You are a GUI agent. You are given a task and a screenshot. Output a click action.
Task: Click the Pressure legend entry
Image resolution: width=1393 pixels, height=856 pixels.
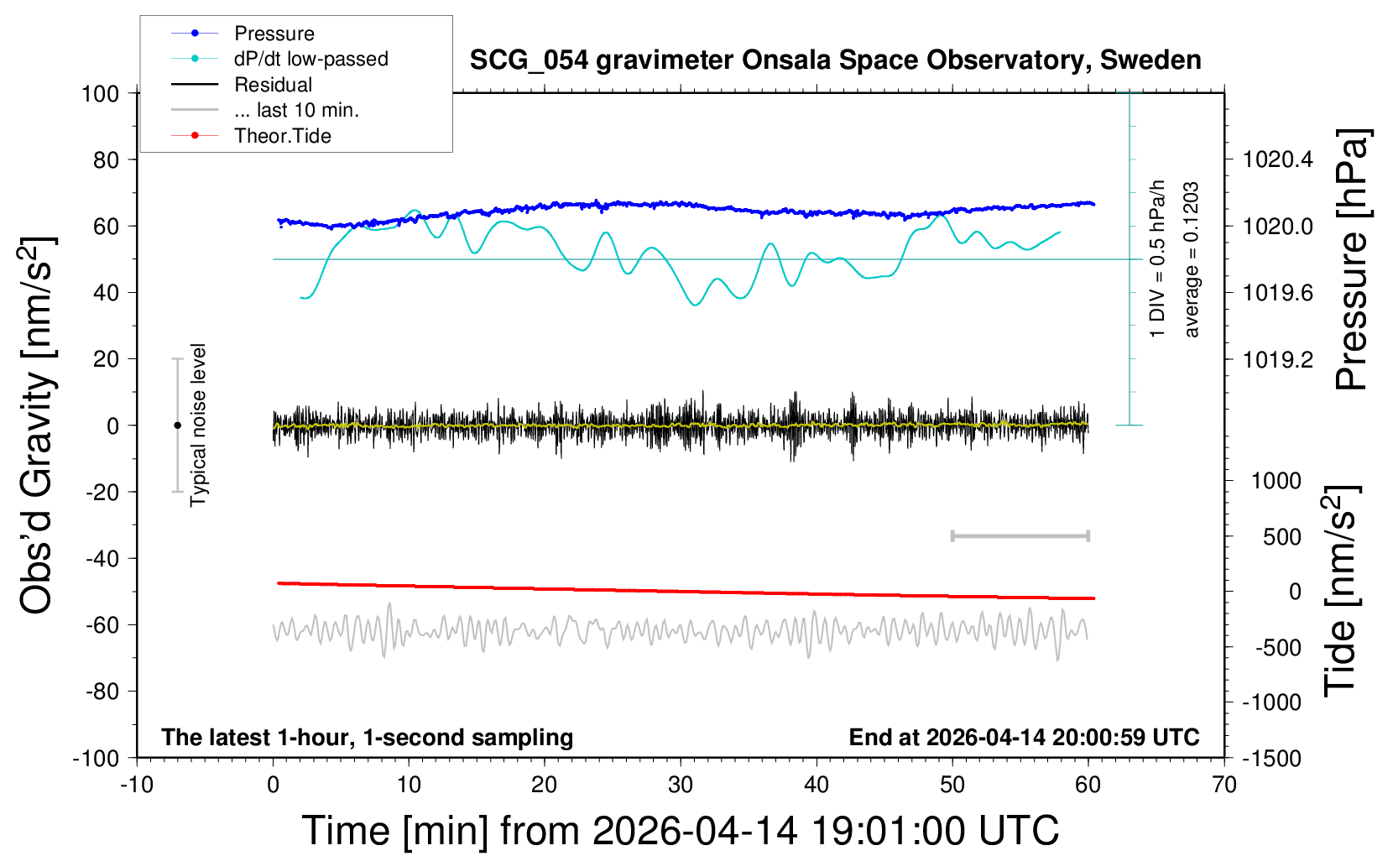[274, 34]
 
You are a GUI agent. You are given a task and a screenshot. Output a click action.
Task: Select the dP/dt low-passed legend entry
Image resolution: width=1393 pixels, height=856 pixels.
[310, 59]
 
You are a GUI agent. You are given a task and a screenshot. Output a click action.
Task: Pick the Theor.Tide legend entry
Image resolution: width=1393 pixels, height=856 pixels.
[282, 136]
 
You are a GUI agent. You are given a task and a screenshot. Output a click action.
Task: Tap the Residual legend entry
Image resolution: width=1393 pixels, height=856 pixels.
[273, 85]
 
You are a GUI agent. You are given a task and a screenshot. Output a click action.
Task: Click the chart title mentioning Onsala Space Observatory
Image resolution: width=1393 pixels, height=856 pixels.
[835, 60]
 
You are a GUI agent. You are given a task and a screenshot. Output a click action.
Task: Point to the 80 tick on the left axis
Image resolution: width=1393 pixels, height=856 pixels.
[106, 159]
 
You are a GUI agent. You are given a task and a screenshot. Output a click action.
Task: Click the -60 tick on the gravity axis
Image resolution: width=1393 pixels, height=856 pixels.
[102, 625]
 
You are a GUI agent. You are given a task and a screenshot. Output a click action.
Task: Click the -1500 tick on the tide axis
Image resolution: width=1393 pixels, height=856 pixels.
[1271, 759]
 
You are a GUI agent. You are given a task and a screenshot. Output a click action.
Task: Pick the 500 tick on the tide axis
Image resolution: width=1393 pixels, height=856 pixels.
[1282, 537]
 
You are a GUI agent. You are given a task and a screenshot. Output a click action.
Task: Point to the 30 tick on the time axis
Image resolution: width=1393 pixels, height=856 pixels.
[681, 786]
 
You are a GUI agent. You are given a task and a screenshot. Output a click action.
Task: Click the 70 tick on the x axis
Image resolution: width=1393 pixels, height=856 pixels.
[1224, 786]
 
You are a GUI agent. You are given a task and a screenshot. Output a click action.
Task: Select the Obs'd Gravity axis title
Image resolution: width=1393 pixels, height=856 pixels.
[37, 425]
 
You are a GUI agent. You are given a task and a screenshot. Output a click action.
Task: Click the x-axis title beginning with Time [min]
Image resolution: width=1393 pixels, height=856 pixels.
[680, 831]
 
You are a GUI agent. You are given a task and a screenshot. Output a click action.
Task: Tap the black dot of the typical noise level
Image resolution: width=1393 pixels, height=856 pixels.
[177, 425]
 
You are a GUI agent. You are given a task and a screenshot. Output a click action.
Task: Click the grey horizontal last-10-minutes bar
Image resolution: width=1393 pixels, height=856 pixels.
[1020, 535]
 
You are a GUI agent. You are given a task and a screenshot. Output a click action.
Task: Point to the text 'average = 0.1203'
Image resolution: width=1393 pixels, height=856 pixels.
[1192, 260]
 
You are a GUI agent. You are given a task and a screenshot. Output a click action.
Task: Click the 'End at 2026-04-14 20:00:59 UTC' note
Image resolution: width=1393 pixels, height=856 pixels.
[1024, 738]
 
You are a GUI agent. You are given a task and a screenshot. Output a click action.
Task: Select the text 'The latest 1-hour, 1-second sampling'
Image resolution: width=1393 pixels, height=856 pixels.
[368, 738]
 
